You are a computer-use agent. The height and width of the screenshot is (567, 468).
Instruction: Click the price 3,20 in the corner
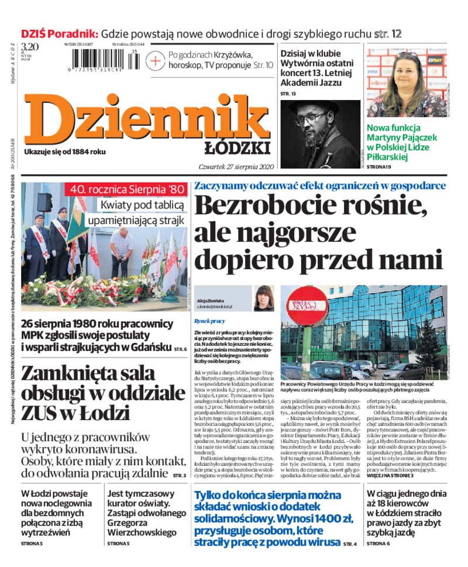[30, 47]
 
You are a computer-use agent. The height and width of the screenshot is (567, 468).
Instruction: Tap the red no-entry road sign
[304, 310]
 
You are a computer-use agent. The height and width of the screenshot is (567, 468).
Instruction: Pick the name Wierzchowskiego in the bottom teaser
[142, 532]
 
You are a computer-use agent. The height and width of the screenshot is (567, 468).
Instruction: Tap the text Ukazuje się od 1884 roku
[65, 152]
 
